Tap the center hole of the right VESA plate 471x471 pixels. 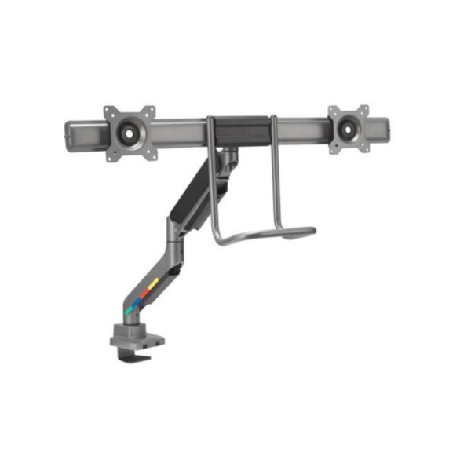(x=349, y=125)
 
